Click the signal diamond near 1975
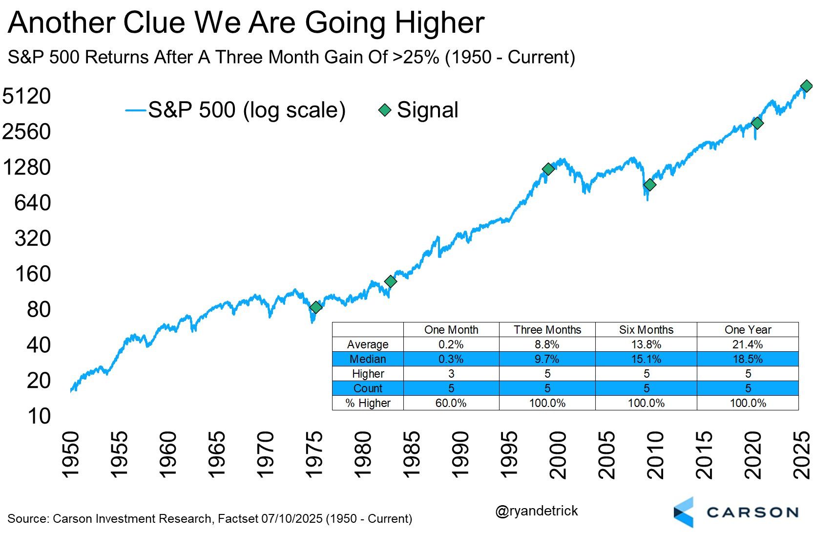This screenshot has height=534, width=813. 316,307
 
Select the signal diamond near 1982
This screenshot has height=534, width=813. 390,281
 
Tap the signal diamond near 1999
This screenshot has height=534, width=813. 548,169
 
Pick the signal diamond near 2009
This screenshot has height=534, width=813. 649,185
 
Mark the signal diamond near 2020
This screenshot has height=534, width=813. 757,123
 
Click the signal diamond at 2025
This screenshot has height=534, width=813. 806,86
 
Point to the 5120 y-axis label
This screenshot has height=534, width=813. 27,96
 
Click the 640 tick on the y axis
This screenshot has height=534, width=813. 32,203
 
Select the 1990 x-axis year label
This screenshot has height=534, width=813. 460,455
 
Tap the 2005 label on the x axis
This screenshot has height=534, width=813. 607,455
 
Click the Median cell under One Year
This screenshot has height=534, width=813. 747,359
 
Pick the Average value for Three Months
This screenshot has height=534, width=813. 547,344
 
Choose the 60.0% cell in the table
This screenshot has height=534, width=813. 451,403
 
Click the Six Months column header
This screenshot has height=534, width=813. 646,330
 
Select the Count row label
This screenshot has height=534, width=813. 368,388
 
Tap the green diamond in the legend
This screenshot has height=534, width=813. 385,110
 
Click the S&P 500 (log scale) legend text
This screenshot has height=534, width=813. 247,110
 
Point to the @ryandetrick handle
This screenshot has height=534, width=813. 536,511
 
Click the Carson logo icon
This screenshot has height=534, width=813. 684,512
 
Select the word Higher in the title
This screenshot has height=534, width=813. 439,23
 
